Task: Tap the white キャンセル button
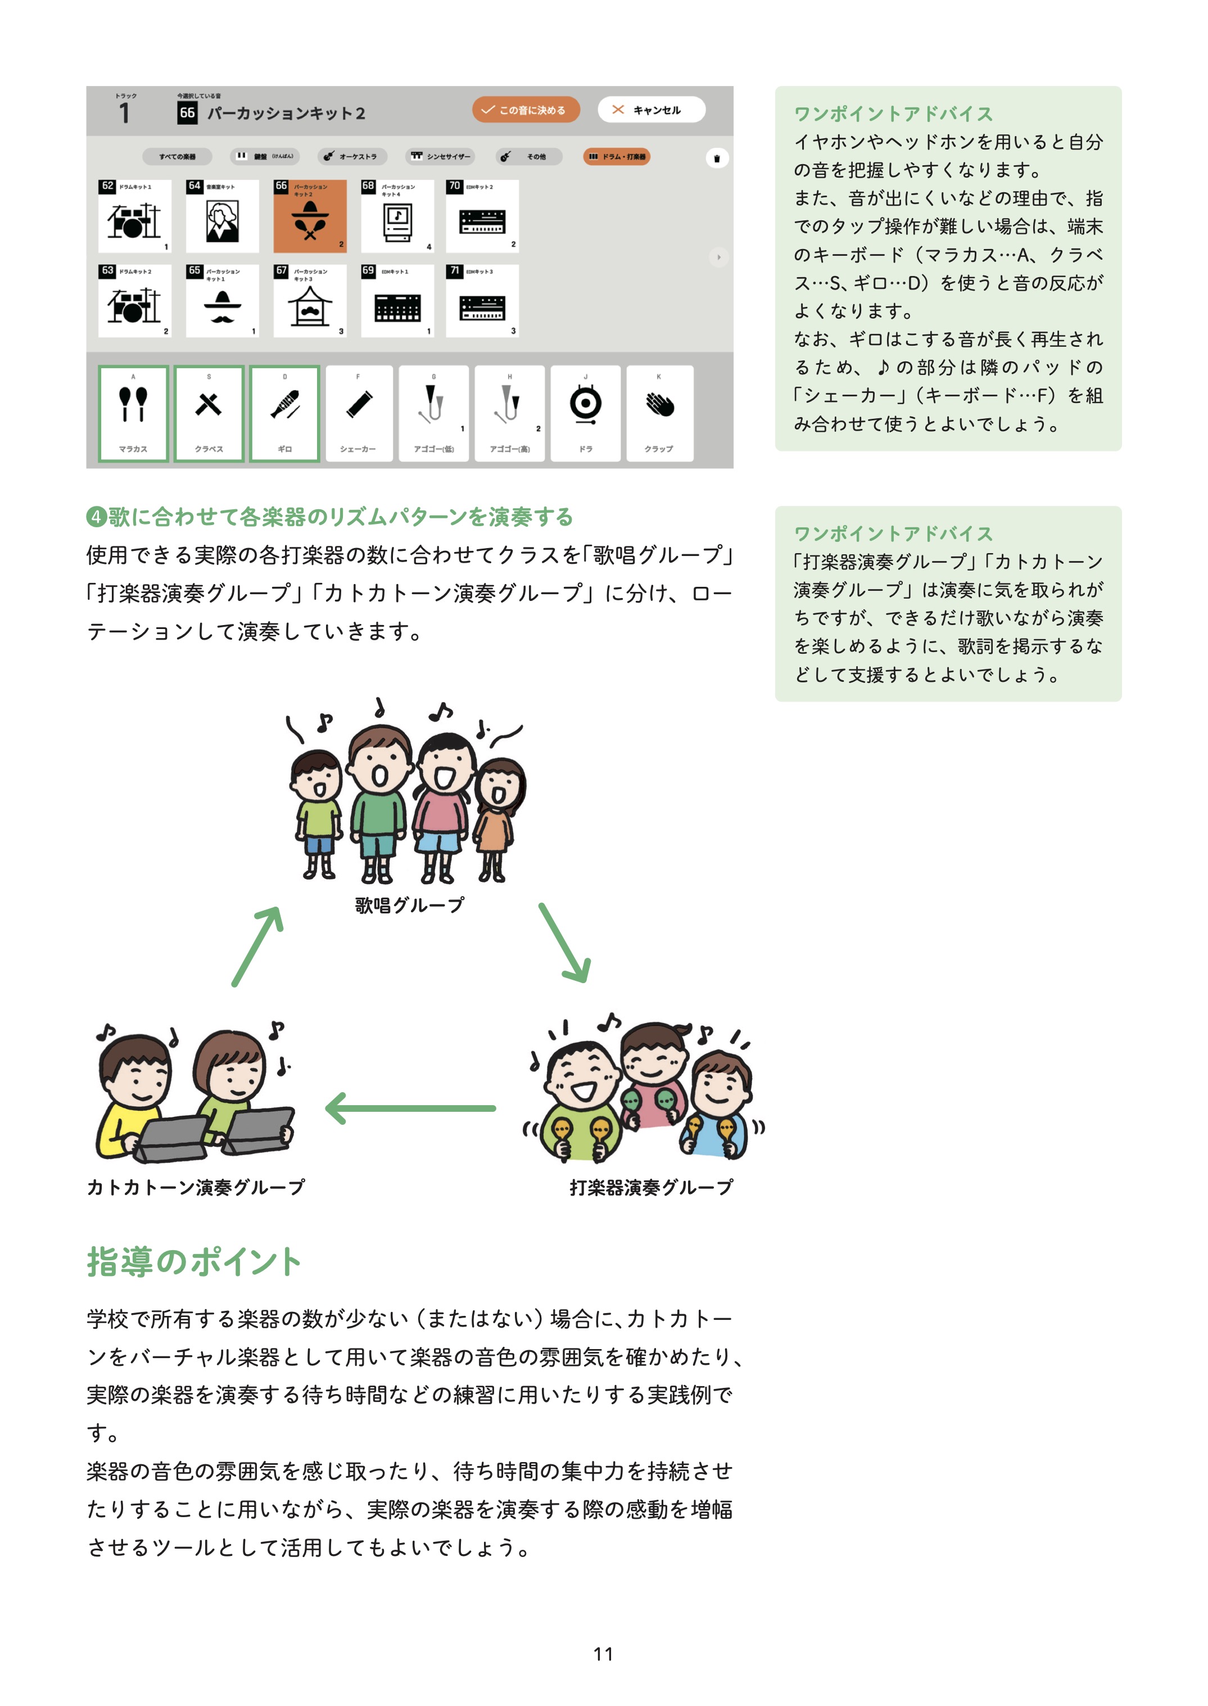click(651, 110)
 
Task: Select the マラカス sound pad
click(133, 414)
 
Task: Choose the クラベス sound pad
click(209, 414)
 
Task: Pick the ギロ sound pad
click(285, 414)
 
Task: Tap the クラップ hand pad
click(659, 414)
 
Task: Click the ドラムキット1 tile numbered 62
click(135, 216)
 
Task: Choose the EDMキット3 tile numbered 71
click(482, 301)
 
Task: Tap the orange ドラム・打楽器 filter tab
click(617, 157)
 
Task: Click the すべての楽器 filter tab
click(177, 157)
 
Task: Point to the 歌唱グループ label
click(409, 905)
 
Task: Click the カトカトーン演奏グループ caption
click(196, 1187)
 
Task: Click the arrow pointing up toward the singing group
click(257, 946)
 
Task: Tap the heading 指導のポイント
click(193, 1262)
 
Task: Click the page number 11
click(603, 1654)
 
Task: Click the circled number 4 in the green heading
click(96, 517)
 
